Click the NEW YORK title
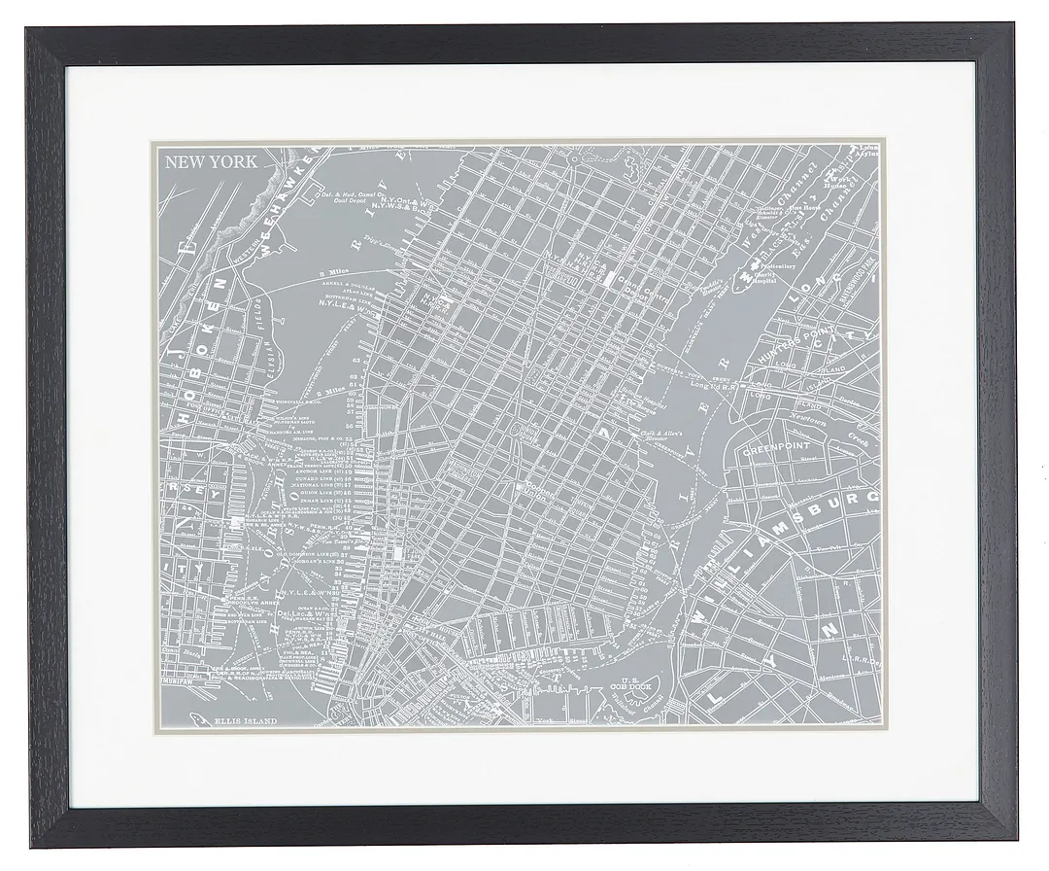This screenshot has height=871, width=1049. pyautogui.click(x=211, y=162)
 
